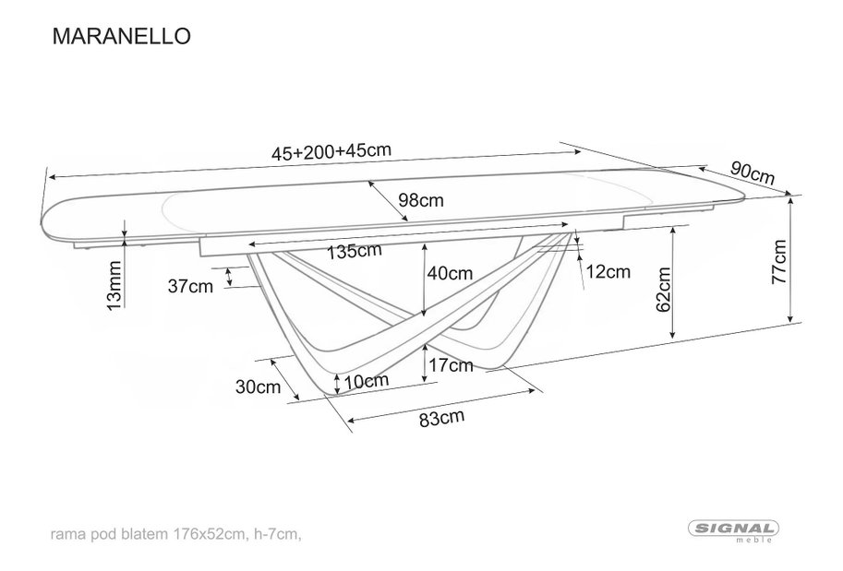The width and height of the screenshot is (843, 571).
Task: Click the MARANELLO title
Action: point(122,36)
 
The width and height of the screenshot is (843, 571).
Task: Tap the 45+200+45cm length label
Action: point(331,151)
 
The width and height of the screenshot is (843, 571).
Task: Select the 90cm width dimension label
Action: point(753,173)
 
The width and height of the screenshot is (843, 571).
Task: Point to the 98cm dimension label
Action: point(421,200)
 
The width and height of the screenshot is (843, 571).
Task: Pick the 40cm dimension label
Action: point(450,273)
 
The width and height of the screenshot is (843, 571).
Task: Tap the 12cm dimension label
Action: point(608,272)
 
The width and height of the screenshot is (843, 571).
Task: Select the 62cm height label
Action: point(664,289)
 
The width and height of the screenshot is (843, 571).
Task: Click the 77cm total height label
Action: point(779,262)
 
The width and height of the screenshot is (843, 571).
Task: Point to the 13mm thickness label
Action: point(114,285)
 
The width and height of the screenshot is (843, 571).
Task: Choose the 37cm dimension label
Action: point(190,286)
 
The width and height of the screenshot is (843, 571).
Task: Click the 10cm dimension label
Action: point(367,381)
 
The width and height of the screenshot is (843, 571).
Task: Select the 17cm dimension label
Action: point(451,366)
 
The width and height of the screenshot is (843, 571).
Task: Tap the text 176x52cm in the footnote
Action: point(207,534)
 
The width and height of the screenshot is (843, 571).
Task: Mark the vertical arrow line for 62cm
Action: point(673,282)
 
